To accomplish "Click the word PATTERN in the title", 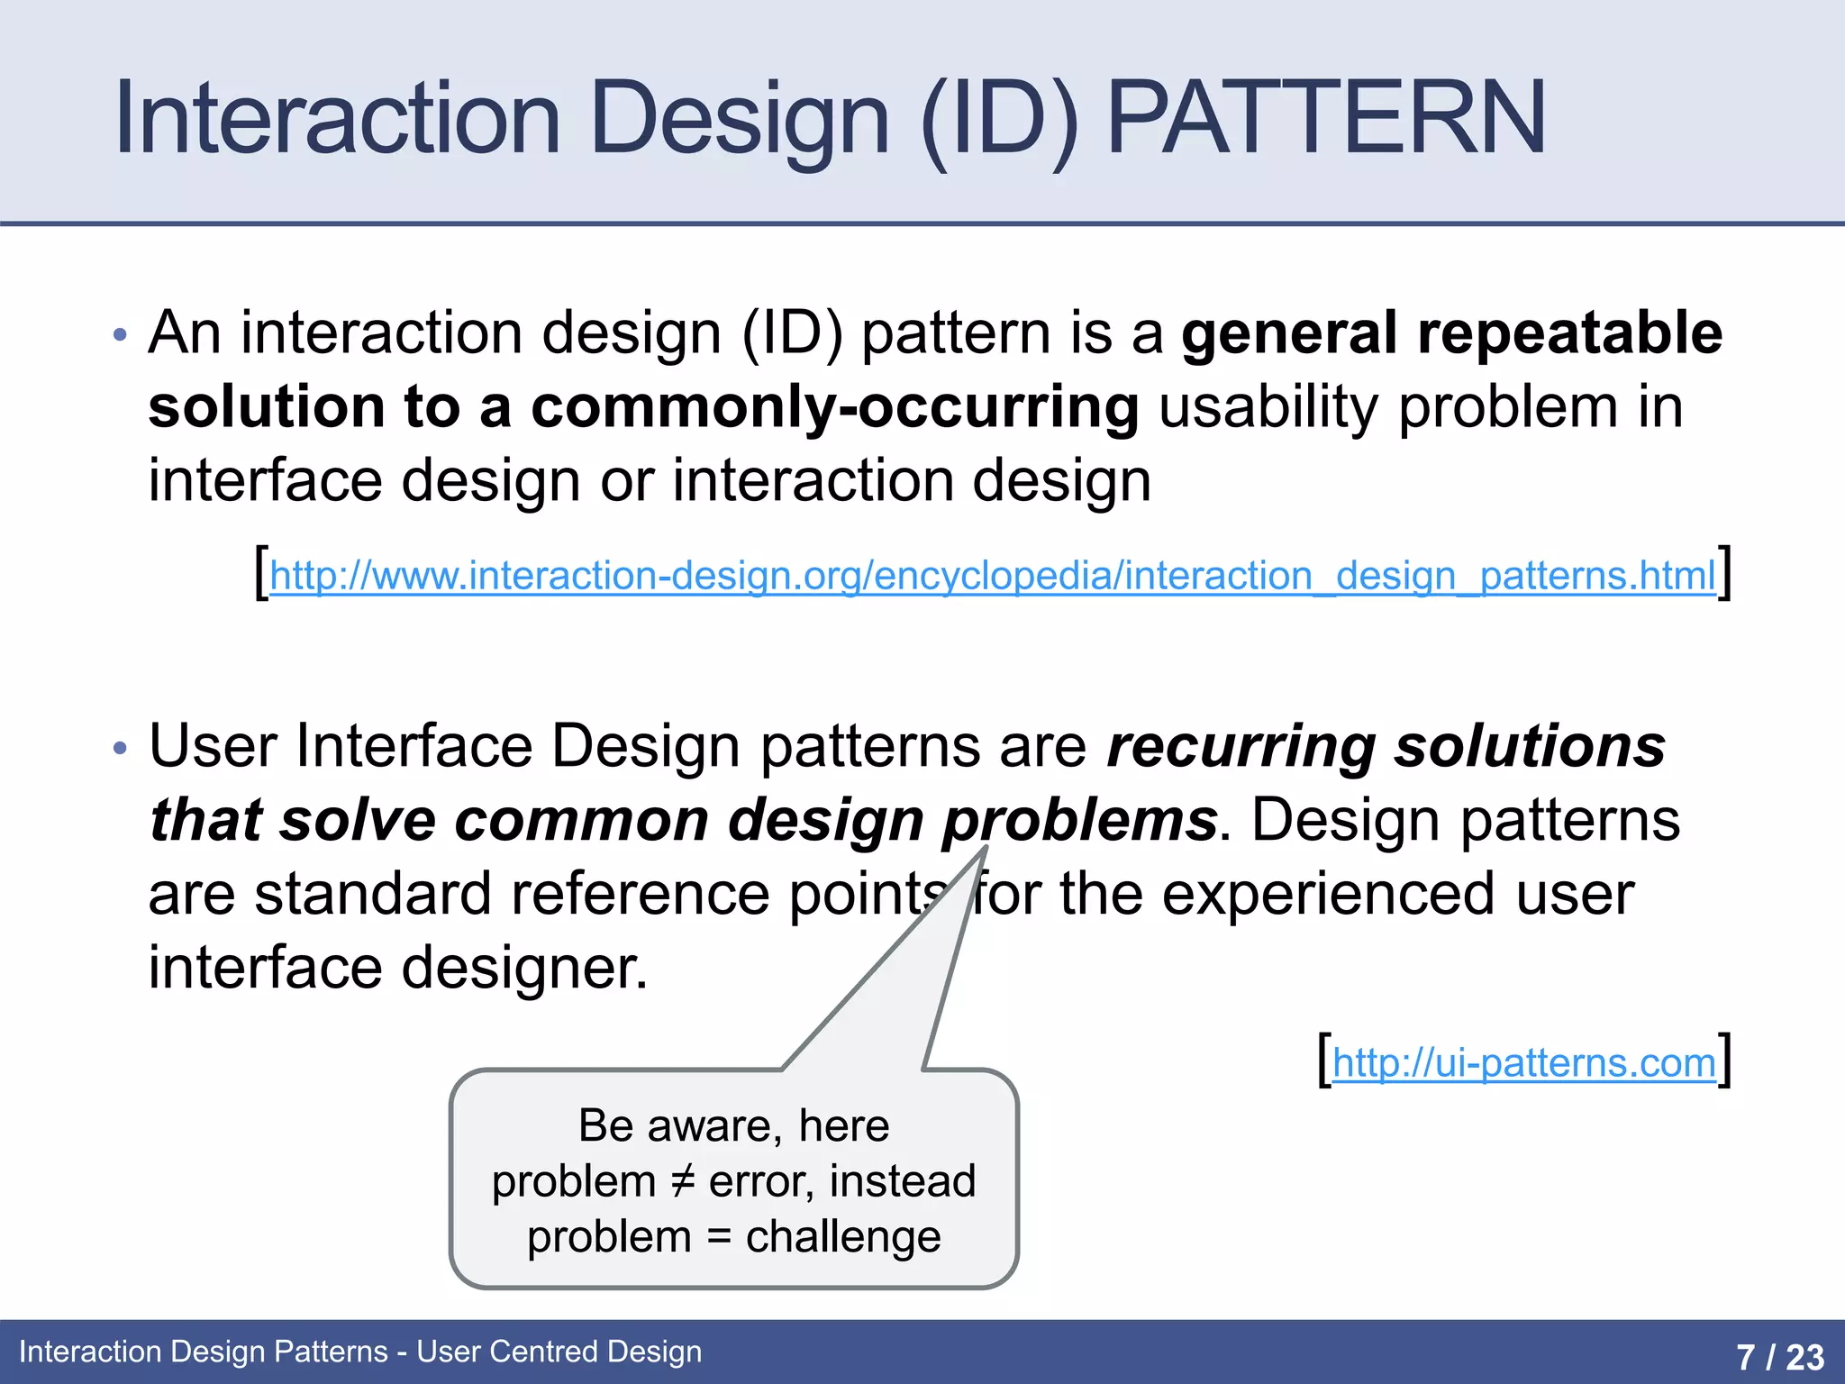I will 1326,118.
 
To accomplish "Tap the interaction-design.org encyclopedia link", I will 992,576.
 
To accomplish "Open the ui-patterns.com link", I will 1523,1063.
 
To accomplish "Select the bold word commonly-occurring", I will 834,407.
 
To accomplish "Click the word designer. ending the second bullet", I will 524,968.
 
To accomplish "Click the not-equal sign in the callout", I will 683,1181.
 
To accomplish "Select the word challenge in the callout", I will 843,1237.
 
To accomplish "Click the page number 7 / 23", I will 1780,1356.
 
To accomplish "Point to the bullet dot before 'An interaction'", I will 121,336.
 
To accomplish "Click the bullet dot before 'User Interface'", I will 121,749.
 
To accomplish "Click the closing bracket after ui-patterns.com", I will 1724,1061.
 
